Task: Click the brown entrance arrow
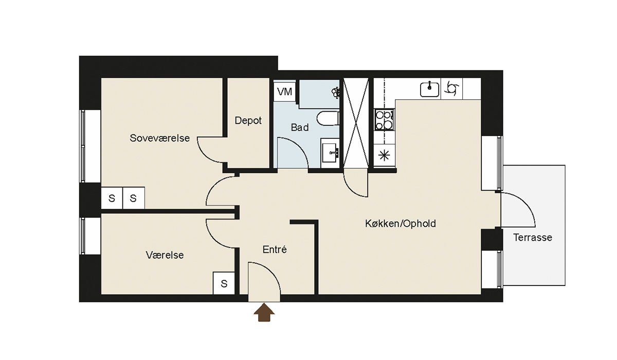(x=264, y=312)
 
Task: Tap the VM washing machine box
(x=284, y=92)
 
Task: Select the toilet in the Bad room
(x=328, y=119)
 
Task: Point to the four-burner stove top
(x=384, y=119)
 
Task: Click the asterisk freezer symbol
(x=384, y=156)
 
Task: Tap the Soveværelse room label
(x=160, y=138)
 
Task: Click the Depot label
(x=248, y=120)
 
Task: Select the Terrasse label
(x=533, y=237)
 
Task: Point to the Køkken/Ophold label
(x=401, y=223)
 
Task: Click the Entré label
(x=275, y=249)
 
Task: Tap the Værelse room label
(x=165, y=255)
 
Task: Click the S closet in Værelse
(x=224, y=283)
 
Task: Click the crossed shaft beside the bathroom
(x=356, y=123)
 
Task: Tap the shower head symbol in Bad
(x=336, y=92)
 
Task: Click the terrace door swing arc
(x=524, y=204)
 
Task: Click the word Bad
(x=300, y=128)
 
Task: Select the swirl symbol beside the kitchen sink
(x=451, y=88)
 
